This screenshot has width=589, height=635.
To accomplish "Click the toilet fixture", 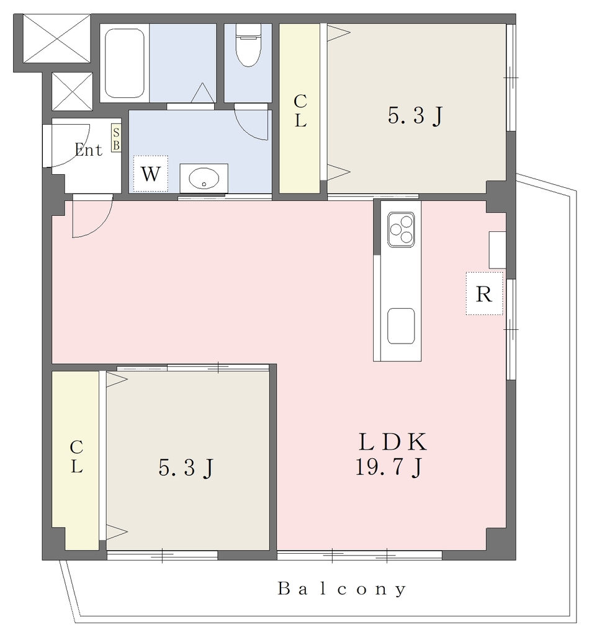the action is pos(248,45).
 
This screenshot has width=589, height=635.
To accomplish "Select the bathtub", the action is pos(125,63).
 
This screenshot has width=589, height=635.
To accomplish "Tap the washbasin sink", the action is pos(204,178).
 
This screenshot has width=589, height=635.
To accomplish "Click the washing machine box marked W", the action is pos(150,174).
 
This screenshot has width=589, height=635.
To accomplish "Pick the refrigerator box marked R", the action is pos(484,293).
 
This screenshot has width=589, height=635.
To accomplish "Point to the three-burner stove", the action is pos(401,229).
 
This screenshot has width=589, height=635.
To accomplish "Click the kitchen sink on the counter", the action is pos(401,326).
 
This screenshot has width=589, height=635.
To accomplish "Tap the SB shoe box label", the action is pos(116,139).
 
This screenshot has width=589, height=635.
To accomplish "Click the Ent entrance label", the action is pos(88,150).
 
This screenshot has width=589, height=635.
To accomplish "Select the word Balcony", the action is pos(341,588).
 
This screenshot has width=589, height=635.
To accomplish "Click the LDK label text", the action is pos(392,442).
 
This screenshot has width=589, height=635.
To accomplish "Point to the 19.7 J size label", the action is pos(389,468).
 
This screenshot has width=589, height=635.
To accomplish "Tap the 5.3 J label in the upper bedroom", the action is pos(415,116).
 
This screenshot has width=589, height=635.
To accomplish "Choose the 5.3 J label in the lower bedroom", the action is pos(186,468).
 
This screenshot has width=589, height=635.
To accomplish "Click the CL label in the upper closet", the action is pos(300,110).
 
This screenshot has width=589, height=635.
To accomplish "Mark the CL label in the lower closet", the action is pos(76,456).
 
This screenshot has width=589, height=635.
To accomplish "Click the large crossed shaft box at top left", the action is pos(56,38).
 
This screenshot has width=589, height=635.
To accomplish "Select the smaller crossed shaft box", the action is pos(72,92).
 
